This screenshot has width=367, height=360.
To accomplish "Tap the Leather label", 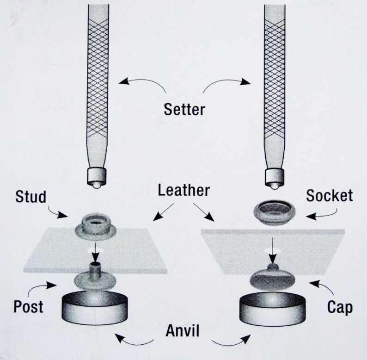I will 183,191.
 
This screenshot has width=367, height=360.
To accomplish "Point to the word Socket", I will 329,195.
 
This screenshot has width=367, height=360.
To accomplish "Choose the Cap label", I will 340,307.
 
